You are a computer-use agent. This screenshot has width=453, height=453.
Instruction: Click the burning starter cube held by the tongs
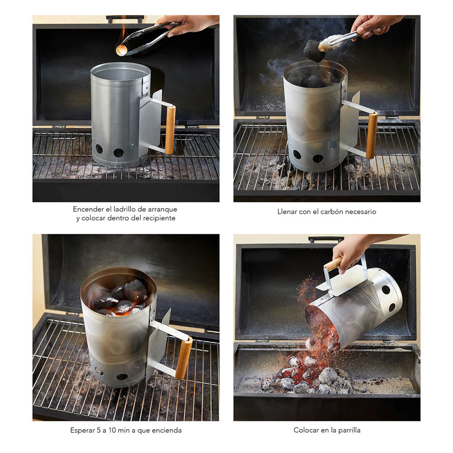(x=121, y=50)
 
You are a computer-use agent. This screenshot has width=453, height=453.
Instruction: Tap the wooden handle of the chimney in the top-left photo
(x=170, y=130)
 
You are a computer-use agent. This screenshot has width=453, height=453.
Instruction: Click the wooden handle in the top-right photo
(x=372, y=135)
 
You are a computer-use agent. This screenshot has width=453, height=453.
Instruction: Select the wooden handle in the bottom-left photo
(x=184, y=358)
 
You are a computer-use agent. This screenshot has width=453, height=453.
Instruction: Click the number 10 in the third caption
(x=112, y=430)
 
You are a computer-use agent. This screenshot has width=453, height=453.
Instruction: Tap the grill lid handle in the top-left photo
(x=125, y=19)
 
